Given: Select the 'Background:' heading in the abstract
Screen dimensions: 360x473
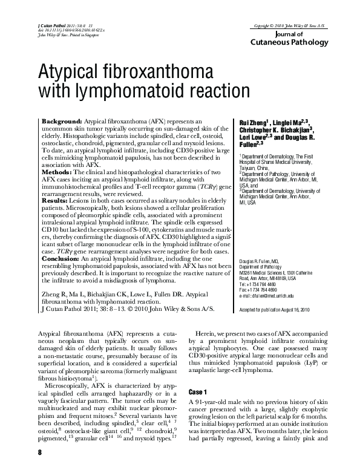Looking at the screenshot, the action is tap(64, 122).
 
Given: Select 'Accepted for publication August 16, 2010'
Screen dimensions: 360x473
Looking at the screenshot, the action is tap(277, 309).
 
